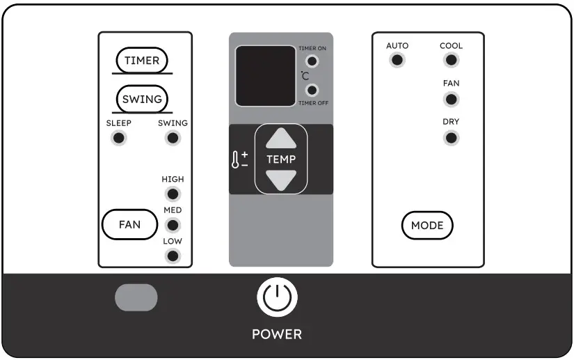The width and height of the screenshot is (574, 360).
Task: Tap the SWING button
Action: point(142,99)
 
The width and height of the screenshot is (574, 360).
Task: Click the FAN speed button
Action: point(129,225)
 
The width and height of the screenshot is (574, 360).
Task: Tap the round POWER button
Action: point(278,297)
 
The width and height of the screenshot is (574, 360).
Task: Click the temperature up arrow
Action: point(281,139)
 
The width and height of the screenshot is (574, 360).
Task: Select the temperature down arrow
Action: point(281,179)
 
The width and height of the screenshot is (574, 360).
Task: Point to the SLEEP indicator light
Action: point(119,138)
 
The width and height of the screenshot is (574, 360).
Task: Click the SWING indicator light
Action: point(173,138)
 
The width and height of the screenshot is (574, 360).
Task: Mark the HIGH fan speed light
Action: point(173,194)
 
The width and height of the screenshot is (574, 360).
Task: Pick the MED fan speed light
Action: point(173,225)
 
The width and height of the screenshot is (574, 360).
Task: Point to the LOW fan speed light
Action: point(173,256)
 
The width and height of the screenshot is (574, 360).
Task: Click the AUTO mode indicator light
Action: point(397,60)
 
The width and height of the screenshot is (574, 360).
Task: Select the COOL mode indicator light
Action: point(451,60)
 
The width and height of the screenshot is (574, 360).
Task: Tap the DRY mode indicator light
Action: point(451,137)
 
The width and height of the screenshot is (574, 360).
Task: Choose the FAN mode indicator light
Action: point(451,99)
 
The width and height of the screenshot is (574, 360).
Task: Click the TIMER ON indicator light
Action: point(312,61)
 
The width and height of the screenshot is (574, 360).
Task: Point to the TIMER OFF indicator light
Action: point(312,90)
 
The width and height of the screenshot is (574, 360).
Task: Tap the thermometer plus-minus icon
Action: point(240,159)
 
